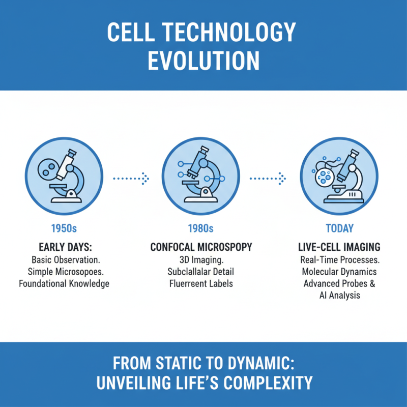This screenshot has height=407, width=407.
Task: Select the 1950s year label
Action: tap(64, 228)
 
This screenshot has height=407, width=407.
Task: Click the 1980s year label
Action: tap(201, 228)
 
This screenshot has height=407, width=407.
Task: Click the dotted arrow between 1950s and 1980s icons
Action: tap(131, 178)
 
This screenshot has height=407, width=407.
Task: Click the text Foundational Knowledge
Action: tap(64, 283)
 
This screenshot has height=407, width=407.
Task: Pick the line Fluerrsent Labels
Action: tap(201, 283)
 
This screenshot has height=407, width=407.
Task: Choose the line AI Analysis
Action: tap(339, 295)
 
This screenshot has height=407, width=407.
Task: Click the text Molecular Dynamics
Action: tap(339, 272)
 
